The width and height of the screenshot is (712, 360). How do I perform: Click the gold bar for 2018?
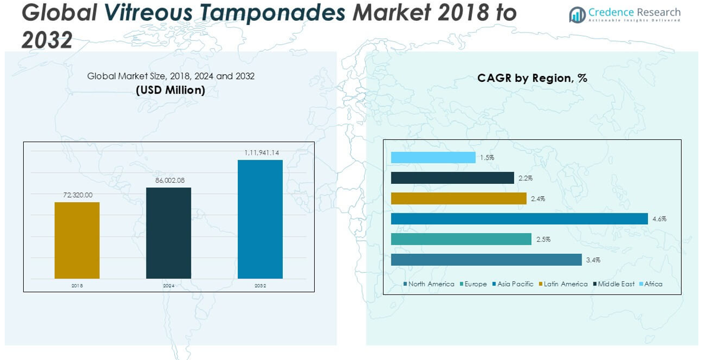(77, 240)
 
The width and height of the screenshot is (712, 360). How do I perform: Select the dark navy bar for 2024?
(168, 233)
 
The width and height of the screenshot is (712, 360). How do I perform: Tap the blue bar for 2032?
(260, 219)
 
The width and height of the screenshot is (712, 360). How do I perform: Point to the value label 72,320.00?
(78, 195)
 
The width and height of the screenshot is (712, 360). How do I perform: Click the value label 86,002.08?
(169, 180)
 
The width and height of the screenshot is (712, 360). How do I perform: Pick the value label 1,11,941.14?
(261, 152)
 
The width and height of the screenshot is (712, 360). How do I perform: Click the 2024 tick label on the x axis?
(169, 286)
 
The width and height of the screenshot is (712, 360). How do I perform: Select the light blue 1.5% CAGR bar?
(433, 157)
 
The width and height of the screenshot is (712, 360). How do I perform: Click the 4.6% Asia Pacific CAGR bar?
(519, 219)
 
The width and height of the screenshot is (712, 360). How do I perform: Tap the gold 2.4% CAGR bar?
(458, 198)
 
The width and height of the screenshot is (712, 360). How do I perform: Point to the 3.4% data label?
(594, 260)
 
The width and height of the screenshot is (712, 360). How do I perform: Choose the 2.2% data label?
(526, 178)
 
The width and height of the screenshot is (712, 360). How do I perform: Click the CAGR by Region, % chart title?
(532, 78)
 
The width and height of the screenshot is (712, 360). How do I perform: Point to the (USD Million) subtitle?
(171, 90)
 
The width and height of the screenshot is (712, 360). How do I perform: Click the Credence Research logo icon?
(577, 15)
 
